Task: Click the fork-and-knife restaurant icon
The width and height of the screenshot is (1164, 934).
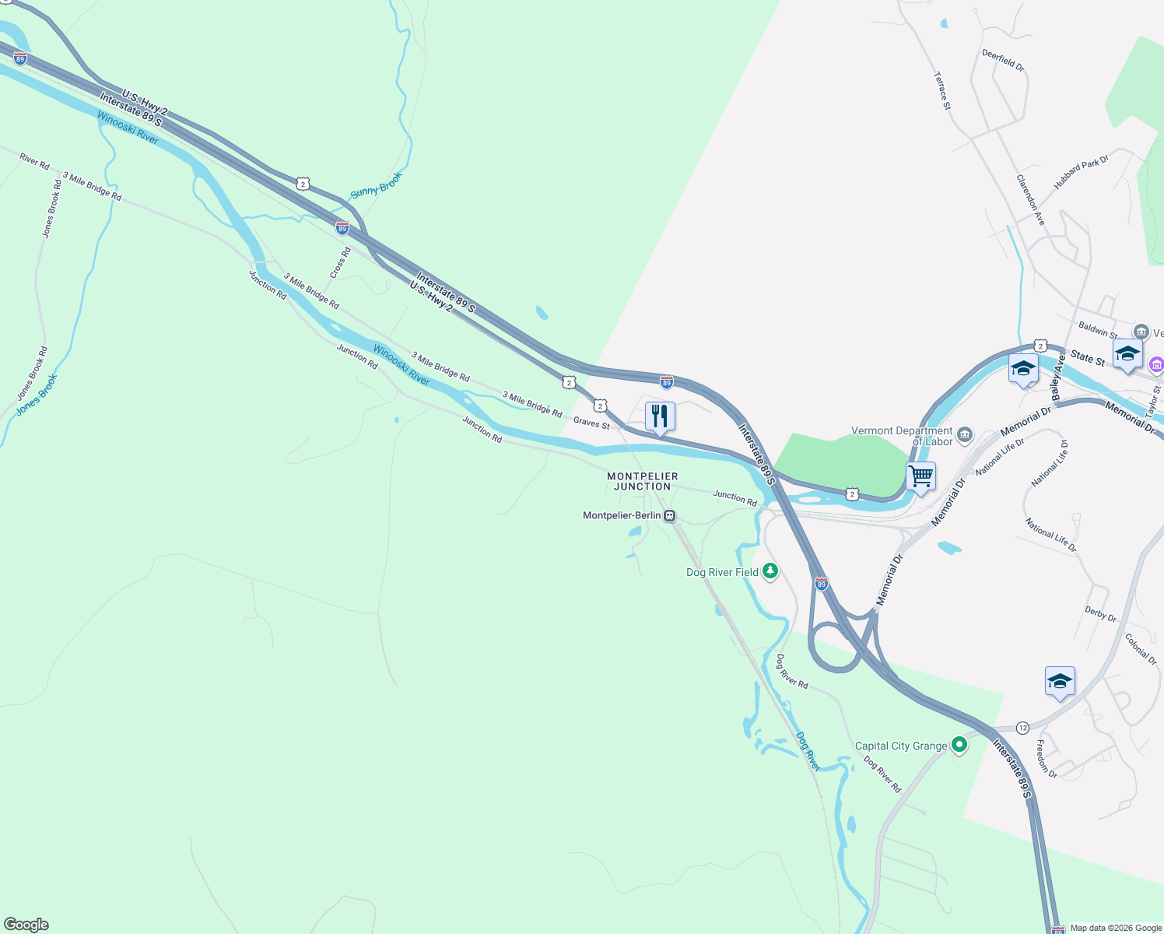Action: tap(660, 416)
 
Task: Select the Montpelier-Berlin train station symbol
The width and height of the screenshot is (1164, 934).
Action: tap(669, 516)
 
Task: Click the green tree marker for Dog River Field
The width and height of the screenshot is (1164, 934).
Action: tap(770, 572)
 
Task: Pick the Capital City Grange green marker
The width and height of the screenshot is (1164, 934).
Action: tap(959, 745)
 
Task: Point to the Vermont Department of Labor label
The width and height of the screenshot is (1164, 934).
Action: tap(902, 436)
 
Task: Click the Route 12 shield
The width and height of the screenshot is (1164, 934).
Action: tap(1022, 728)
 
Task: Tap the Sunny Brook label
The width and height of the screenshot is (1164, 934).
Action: tap(377, 184)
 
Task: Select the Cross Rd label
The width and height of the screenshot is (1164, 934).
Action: tap(340, 263)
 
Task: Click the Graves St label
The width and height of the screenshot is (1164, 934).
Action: tap(591, 423)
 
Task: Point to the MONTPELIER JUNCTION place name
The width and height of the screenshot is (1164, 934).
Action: tap(643, 481)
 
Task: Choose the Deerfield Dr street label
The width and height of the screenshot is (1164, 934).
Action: tap(1003, 60)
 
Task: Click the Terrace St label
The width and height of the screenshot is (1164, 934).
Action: tap(942, 91)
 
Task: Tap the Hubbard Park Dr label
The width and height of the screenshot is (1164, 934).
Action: tap(1081, 172)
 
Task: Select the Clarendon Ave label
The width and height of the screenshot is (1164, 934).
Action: tap(1030, 200)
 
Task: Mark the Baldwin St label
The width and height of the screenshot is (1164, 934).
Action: tap(1098, 330)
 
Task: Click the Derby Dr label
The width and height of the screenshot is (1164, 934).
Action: tap(1100, 613)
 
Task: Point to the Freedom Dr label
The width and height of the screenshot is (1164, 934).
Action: tap(1046, 759)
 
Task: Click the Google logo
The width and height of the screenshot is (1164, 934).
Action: tap(26, 924)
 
